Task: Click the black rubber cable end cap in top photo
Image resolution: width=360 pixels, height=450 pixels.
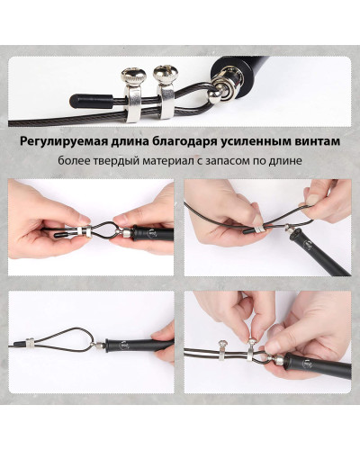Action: pyautogui.click(x=91, y=101)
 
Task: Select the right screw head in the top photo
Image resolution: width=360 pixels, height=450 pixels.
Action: pyautogui.click(x=166, y=75)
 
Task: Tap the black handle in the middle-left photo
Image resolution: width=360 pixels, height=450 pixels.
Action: pyautogui.click(x=153, y=233)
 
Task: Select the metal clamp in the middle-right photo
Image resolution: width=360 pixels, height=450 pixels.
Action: pyautogui.click(x=259, y=229)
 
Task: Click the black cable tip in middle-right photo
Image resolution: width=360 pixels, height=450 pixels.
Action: pyautogui.click(x=247, y=230)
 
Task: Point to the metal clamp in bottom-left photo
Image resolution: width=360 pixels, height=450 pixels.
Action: pyautogui.click(x=29, y=342)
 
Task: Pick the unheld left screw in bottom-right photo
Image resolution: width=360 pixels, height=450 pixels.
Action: pyautogui.click(x=221, y=349)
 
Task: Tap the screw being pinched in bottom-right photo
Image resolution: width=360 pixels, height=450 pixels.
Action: pyautogui.click(x=251, y=348)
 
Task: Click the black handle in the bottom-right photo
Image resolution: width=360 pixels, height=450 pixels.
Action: pyautogui.click(x=317, y=365)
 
